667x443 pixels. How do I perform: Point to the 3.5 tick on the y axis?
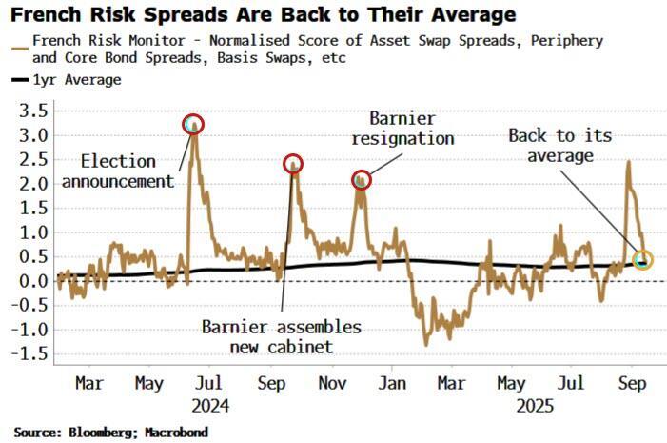(x=33, y=111)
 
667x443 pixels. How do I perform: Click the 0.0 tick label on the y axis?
(x=33, y=281)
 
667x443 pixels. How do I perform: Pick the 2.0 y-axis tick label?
(x=33, y=184)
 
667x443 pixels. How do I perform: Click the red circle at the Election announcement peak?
(x=193, y=124)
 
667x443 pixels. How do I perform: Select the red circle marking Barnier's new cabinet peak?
(x=293, y=164)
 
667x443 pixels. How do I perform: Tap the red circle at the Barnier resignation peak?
(x=361, y=178)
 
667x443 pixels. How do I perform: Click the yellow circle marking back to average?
(x=643, y=259)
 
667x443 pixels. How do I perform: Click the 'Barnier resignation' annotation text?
(x=402, y=129)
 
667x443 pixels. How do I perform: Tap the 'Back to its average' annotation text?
(x=555, y=146)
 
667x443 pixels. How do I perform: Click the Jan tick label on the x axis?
(x=391, y=383)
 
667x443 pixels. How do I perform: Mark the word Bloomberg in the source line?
(x=102, y=432)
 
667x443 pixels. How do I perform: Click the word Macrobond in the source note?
(x=176, y=432)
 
